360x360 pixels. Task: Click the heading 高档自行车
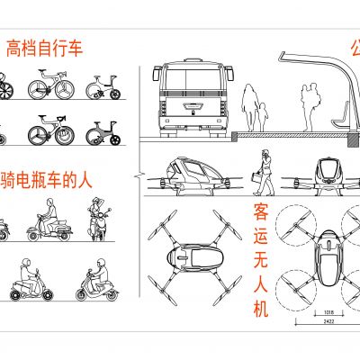click(45, 49)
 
